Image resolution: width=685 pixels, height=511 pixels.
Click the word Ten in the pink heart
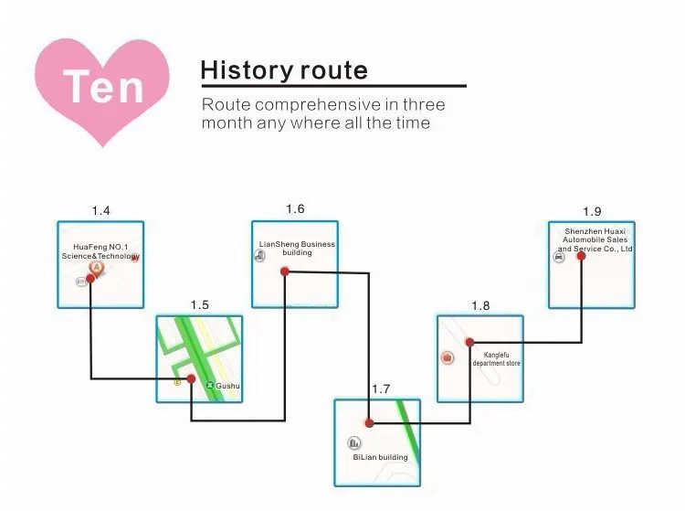[104, 87]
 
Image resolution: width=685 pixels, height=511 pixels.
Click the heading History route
[284, 69]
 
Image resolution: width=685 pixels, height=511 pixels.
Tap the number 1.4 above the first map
[100, 211]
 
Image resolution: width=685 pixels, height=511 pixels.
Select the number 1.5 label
[200, 304]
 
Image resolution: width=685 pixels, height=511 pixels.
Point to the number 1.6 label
[295, 209]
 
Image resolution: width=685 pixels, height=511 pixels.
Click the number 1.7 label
[381, 389]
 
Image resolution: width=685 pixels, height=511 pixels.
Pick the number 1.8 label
[480, 305]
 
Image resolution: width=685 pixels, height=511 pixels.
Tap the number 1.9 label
[592, 211]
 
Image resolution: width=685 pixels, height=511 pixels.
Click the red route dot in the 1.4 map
[90, 278]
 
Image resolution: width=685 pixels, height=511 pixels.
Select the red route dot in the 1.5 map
[191, 378]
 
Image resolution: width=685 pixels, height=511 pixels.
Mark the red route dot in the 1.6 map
[285, 271]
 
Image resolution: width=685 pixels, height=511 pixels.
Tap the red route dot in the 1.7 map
[369, 422]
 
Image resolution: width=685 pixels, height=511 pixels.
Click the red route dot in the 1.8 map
[469, 342]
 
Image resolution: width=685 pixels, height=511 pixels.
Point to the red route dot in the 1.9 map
[581, 255]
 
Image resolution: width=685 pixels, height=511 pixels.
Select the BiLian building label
[380, 457]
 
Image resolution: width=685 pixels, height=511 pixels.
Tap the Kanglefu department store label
[496, 358]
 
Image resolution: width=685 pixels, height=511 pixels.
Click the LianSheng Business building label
[297, 248]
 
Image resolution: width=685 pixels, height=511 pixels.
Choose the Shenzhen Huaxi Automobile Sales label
[595, 240]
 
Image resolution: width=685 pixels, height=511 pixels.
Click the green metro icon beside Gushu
[210, 387]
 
